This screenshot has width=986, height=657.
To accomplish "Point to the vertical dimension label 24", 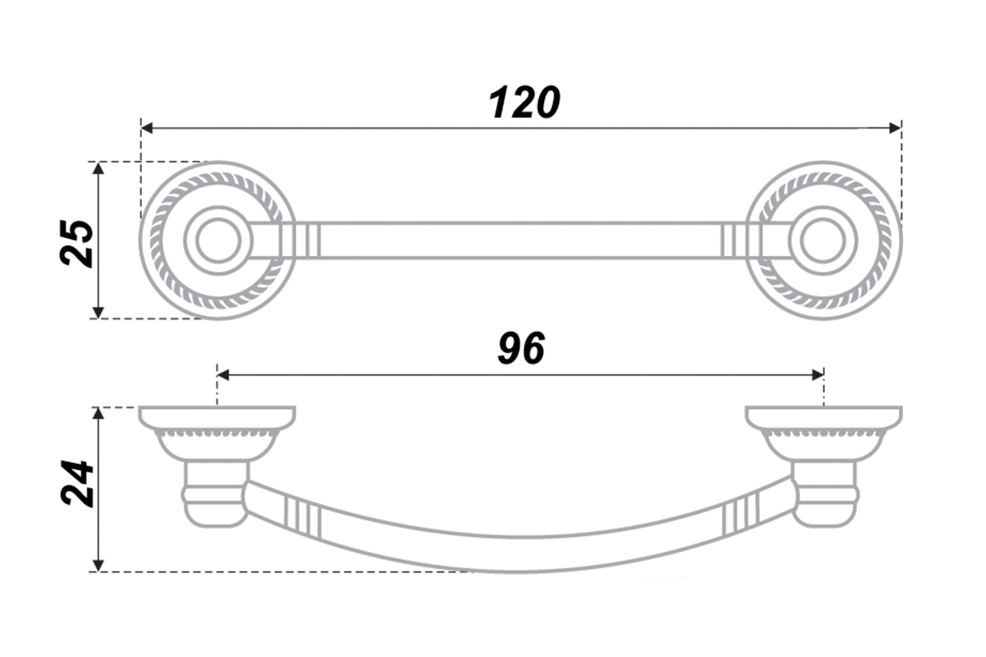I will [x=77, y=483].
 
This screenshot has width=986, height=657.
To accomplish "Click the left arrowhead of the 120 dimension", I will [x=146, y=128].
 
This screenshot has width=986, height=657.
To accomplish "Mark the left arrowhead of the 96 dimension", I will [x=223, y=375].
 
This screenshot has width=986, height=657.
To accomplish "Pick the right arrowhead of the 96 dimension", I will [x=818, y=375].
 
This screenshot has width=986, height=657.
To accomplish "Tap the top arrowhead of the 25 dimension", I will [x=99, y=168].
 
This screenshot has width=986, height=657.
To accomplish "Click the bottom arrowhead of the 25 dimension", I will [x=99, y=313].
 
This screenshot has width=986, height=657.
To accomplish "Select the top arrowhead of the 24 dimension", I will [x=99, y=413].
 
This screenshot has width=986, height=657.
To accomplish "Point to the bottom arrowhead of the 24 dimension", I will [x=99, y=565].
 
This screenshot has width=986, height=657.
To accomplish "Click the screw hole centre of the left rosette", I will [x=218, y=240].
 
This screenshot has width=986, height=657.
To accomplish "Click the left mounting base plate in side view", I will [x=217, y=417].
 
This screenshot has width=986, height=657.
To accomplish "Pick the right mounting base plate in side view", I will [x=823, y=417].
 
